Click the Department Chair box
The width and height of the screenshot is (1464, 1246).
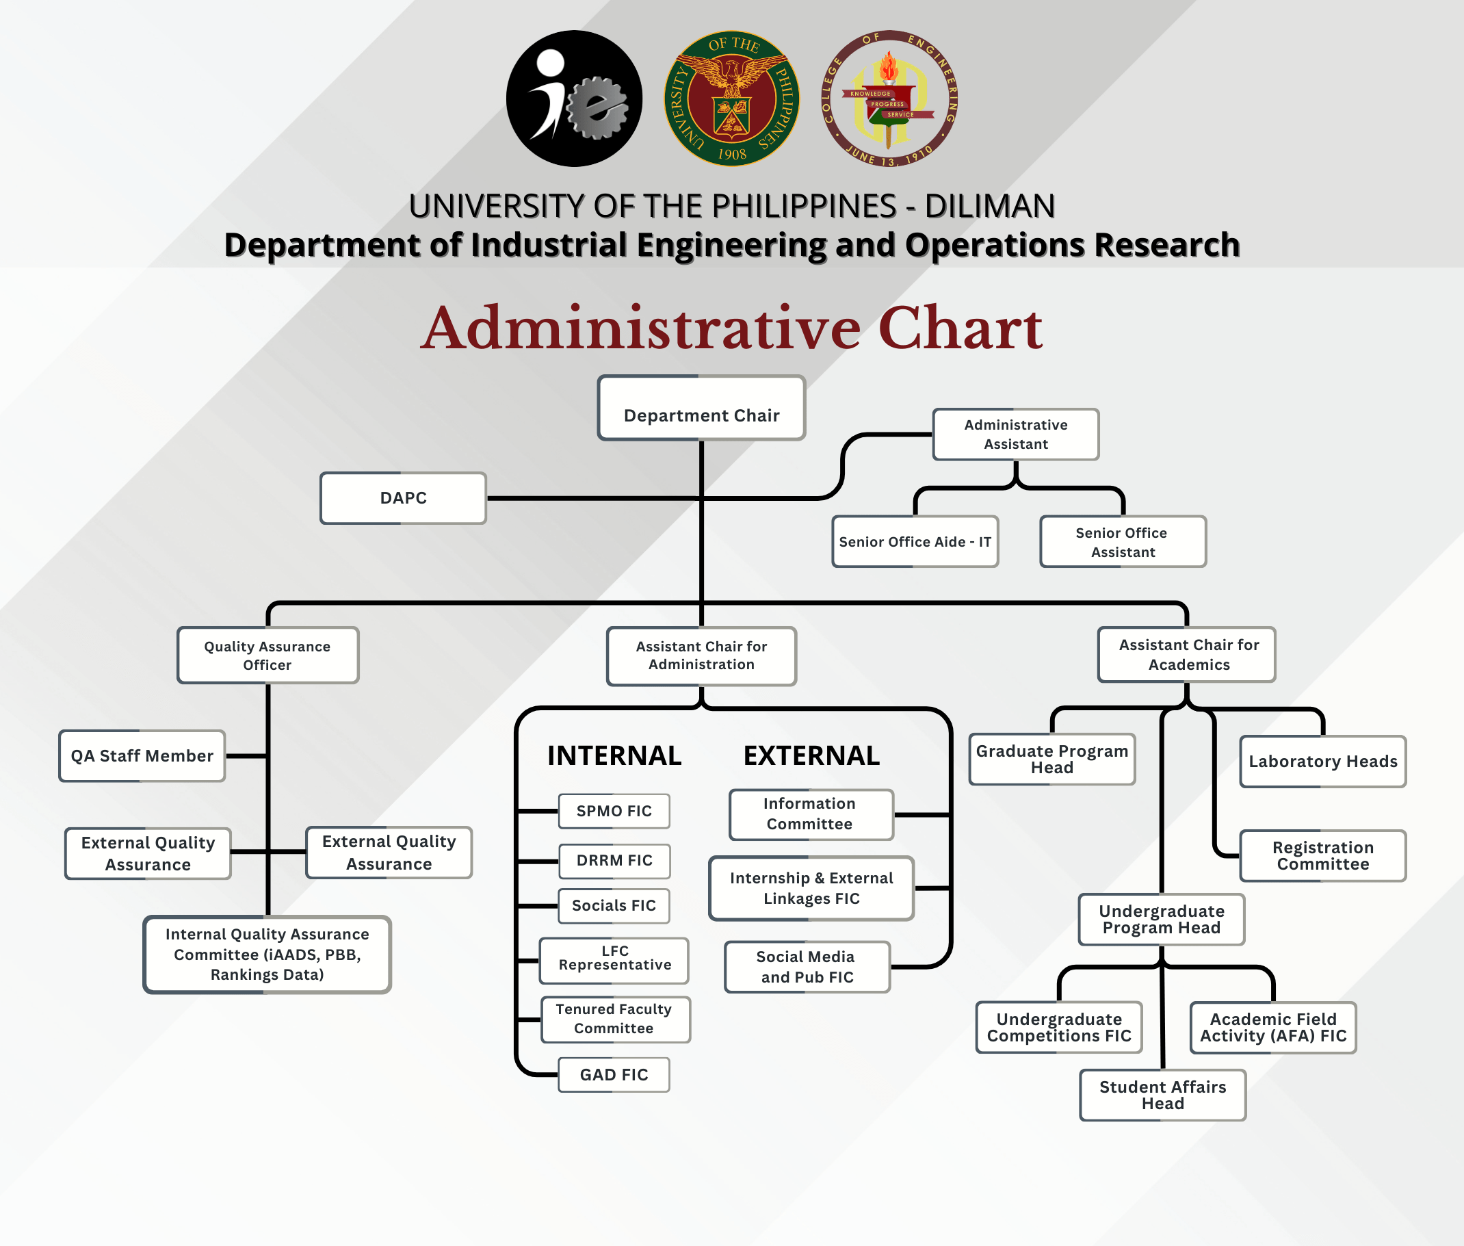click(701, 408)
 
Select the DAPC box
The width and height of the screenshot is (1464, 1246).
click(403, 498)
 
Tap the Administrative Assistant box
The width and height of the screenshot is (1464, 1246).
click(1015, 434)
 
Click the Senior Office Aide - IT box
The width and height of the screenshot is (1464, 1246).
click(915, 542)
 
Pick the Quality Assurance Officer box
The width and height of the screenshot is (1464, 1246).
click(267, 656)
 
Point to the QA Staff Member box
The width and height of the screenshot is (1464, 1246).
click(142, 756)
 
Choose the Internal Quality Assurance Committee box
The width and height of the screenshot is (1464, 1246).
click(267, 955)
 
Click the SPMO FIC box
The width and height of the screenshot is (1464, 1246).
click(614, 811)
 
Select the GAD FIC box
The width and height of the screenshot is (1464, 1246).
click(614, 1074)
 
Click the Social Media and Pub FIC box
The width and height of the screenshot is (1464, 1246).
click(807, 967)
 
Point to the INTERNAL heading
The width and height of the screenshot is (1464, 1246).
click(614, 756)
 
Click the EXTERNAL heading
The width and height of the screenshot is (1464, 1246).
click(811, 756)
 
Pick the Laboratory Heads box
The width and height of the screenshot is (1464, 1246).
click(1322, 762)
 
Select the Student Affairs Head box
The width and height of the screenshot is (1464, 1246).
click(1162, 1095)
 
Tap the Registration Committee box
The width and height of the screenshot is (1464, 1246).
click(1322, 855)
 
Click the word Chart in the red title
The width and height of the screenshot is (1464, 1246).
click(960, 328)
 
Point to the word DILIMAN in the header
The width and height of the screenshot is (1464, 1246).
click(989, 206)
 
